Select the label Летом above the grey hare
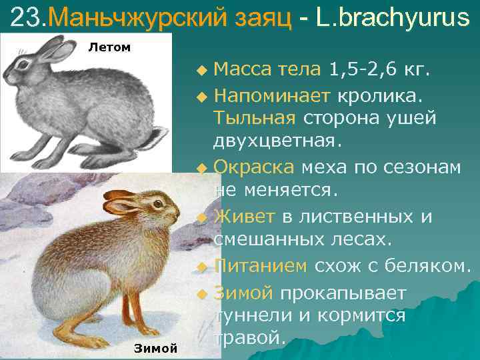pos(109,47)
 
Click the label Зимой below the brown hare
pos(155,348)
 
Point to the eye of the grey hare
pos(27,65)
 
